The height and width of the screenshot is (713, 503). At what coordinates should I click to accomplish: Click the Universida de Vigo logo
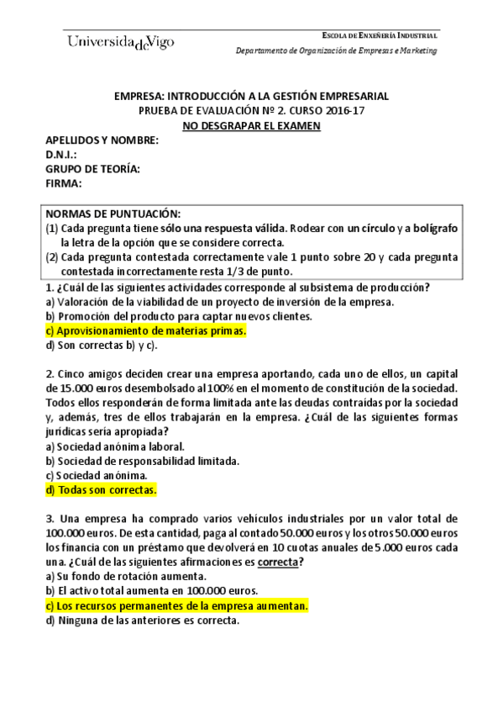coord(119,43)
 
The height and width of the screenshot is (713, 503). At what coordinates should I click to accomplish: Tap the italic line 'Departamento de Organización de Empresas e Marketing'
coord(336,50)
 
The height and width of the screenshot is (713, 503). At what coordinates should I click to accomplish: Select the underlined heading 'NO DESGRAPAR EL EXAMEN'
coord(252,125)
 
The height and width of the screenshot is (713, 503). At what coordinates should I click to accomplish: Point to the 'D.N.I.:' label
coord(61,155)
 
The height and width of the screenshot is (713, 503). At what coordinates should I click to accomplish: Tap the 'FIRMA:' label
coord(64,183)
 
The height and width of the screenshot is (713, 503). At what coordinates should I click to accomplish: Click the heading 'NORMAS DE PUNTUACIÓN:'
coord(113,214)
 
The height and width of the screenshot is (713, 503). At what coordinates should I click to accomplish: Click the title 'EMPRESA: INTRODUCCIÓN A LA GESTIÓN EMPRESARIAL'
coord(252,96)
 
